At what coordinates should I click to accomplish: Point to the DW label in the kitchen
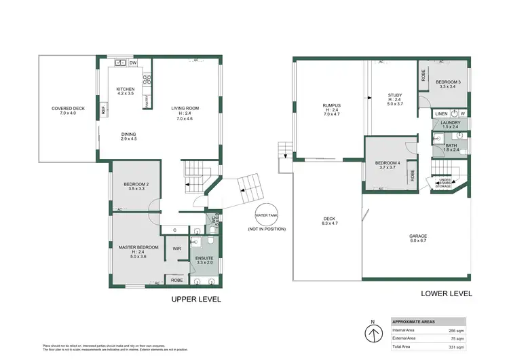(x=133, y=63)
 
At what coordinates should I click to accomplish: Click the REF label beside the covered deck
(x=103, y=109)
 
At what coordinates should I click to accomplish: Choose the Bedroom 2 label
(x=136, y=185)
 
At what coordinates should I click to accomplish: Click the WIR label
(x=176, y=249)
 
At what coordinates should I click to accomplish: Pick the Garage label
(x=417, y=237)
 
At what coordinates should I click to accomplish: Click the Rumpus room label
(x=331, y=105)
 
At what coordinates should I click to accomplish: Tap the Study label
(x=395, y=95)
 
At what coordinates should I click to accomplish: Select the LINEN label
(x=442, y=113)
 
